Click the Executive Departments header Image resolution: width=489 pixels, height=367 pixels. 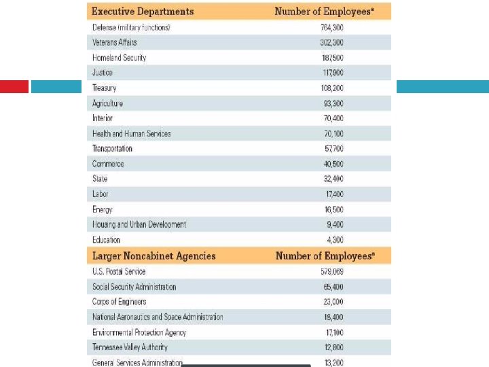click(143, 12)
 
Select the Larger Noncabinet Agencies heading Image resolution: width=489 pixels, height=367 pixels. click(153, 256)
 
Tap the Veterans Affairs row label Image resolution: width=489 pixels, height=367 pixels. click(114, 42)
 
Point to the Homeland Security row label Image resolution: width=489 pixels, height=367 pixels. click(119, 58)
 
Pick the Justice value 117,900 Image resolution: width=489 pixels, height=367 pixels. click(333, 73)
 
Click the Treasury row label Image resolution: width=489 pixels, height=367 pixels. click(105, 88)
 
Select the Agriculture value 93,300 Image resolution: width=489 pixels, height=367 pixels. click(333, 103)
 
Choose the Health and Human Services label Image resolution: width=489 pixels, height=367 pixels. click(131, 134)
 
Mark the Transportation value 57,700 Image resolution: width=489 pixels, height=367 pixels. click(333, 149)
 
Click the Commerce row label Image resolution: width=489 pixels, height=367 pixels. click(108, 164)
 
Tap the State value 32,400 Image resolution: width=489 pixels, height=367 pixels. click(333, 179)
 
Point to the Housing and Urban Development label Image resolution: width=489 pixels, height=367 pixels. click(139, 224)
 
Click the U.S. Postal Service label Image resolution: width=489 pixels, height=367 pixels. click(119, 272)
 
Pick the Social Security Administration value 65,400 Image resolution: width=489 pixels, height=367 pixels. click(333, 287)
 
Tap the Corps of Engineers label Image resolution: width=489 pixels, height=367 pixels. click(119, 302)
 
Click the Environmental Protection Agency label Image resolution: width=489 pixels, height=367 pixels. click(139, 332)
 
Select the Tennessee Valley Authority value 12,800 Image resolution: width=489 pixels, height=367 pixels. click(333, 347)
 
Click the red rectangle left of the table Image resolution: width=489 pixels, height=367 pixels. click(14, 87)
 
